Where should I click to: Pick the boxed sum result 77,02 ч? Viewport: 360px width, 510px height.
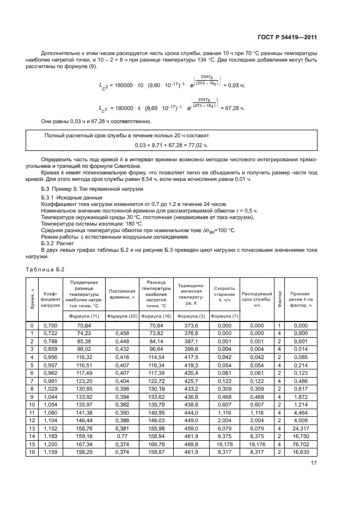pyautogui.click(x=199, y=145)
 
